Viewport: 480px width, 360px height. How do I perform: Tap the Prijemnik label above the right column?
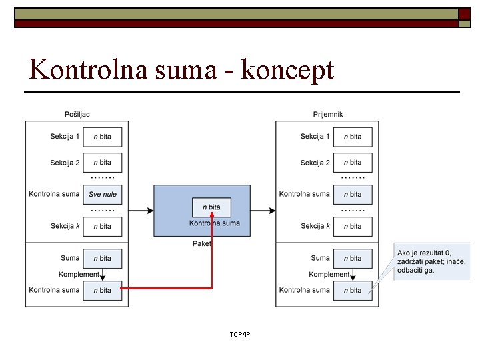click(x=327, y=114)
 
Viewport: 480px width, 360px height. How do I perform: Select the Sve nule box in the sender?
click(x=102, y=195)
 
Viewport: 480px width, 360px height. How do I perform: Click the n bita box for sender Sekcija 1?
click(x=102, y=137)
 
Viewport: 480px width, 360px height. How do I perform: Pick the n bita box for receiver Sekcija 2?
click(x=353, y=163)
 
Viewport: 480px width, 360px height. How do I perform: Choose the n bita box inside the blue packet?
click(x=211, y=207)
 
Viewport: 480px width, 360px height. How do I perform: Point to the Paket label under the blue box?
click(x=201, y=244)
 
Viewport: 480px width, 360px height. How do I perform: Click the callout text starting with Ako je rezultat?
click(x=432, y=261)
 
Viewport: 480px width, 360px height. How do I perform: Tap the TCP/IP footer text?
click(x=239, y=334)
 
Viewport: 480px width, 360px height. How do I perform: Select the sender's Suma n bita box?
click(x=102, y=258)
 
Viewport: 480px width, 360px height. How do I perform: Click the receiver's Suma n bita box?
click(x=353, y=258)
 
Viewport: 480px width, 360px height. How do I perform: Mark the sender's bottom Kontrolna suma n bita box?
click(x=102, y=290)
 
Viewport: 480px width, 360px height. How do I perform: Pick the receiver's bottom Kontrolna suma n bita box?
click(x=353, y=290)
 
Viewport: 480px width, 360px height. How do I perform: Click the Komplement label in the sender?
click(x=78, y=274)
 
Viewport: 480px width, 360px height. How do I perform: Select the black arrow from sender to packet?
click(x=141, y=211)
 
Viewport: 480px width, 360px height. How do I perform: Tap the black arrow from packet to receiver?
click(x=263, y=211)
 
